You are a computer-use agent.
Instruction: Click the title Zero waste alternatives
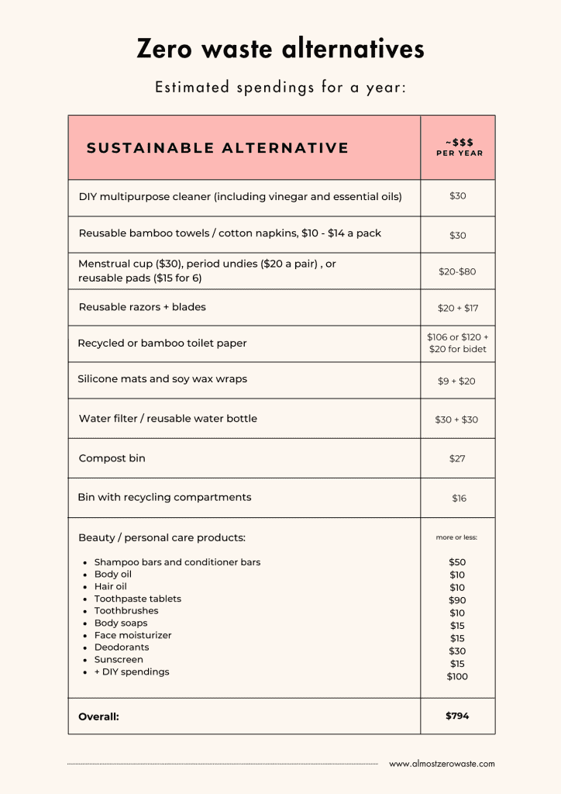pos(280,49)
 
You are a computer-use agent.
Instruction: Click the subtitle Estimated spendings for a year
pos(280,88)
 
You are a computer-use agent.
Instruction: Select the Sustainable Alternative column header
pos(218,148)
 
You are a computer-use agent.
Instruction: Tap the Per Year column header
pos(459,147)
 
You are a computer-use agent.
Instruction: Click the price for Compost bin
pos(457,459)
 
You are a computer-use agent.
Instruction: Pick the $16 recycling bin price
pos(459,499)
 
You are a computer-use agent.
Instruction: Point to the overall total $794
pos(457,716)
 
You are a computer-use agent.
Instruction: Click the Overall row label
pos(98,717)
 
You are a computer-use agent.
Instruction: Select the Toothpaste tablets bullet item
pos(137,599)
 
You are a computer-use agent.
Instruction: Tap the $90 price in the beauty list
pos(457,600)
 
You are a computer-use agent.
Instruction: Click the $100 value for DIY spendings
pos(457,677)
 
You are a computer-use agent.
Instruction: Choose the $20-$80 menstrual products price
pos(457,272)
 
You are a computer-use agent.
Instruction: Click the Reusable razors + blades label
pos(142,307)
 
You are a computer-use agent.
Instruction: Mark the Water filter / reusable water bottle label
pos(167,419)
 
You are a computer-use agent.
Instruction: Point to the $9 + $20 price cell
pos(457,381)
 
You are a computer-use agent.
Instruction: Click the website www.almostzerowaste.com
pos(442,764)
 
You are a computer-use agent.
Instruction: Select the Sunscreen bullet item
pos(119,660)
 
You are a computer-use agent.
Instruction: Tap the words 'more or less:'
pos(457,537)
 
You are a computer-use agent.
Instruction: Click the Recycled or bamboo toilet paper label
pos(162,343)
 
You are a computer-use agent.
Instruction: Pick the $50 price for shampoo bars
pos(457,562)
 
